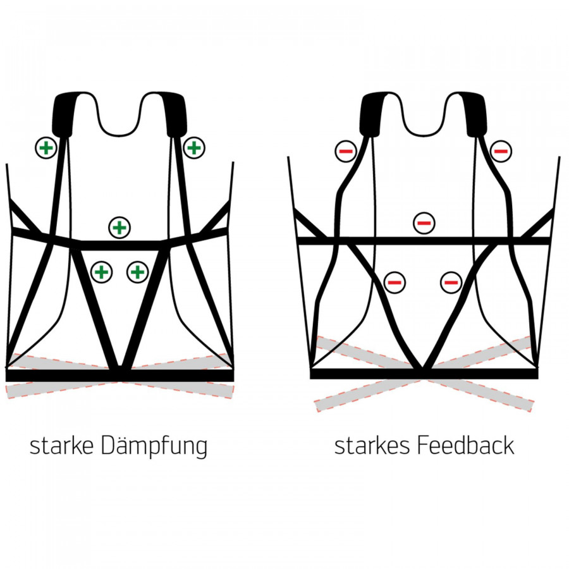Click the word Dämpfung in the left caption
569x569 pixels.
(154, 447)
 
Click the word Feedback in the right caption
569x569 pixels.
(465, 446)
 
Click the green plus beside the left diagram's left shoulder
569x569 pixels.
(46, 148)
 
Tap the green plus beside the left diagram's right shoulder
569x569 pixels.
(194, 148)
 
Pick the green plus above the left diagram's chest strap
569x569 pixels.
(119, 227)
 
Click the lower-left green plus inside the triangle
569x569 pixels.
(101, 272)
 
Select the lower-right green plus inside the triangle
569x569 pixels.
(137, 272)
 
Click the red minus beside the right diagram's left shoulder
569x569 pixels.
(345, 151)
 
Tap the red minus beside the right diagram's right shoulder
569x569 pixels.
(500, 151)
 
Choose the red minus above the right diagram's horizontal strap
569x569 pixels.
(424, 223)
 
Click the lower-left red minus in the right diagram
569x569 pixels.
(395, 282)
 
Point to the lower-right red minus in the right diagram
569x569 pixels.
(451, 282)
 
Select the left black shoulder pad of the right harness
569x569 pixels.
(371, 114)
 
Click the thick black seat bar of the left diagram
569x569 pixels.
(120, 376)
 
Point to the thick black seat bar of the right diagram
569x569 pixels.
(424, 374)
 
